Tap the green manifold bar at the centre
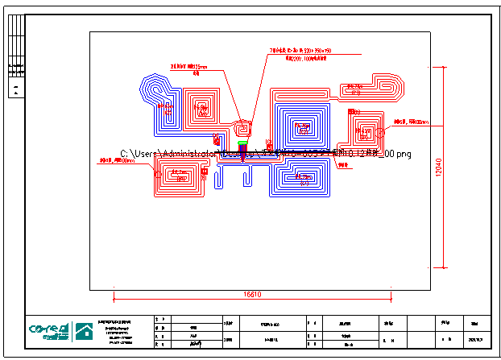click(x=242, y=144)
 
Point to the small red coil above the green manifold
click(x=242, y=128)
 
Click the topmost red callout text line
click(x=301, y=51)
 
